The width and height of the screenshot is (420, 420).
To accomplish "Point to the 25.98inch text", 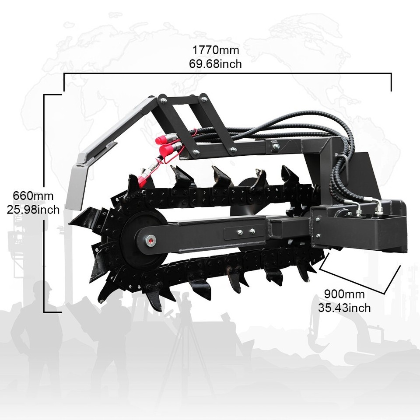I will coord(33,209).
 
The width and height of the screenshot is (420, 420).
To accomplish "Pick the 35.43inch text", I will coord(344,308).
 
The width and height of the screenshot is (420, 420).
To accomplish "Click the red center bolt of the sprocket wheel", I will coord(151,239).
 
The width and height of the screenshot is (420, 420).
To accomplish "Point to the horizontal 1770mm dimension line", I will coord(227,75).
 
